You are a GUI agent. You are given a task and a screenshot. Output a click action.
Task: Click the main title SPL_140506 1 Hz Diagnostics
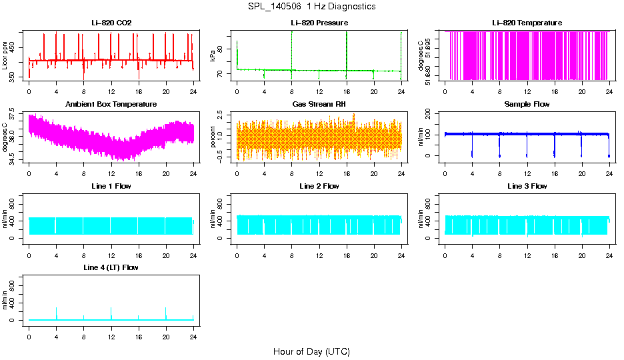click(311, 7)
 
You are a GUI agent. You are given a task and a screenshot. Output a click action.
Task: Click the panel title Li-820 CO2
click(111, 23)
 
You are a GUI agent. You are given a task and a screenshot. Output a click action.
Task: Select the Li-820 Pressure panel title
click(319, 23)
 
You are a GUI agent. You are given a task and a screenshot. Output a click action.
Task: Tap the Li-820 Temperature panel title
click(527, 23)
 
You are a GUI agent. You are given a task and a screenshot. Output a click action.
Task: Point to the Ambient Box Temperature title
click(111, 105)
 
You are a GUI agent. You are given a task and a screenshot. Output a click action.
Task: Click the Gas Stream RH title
click(319, 105)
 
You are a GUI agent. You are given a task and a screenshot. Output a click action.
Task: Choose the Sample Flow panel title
click(527, 105)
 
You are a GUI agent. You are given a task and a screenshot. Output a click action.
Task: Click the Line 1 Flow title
click(111, 186)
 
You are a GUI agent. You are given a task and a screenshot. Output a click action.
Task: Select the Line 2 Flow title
click(319, 186)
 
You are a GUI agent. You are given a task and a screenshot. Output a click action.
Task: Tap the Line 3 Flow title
click(527, 186)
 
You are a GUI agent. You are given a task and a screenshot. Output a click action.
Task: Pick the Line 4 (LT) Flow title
click(111, 267)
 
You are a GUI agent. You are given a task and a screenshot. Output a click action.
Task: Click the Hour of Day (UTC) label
click(311, 351)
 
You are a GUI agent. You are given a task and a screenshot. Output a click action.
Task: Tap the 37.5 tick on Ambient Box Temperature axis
click(14, 117)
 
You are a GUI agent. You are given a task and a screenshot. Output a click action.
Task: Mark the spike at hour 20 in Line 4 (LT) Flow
click(166, 312)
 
